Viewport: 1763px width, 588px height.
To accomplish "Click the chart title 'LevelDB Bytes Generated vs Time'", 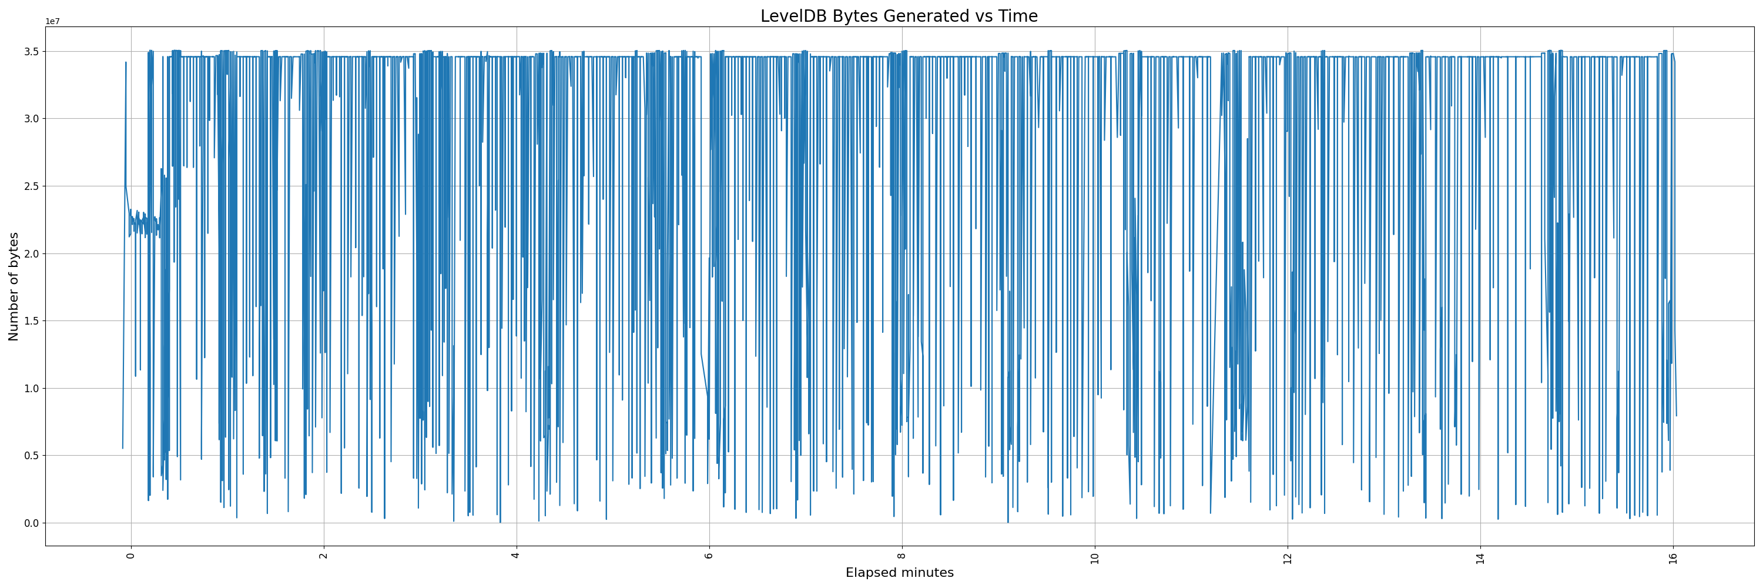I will pos(899,16).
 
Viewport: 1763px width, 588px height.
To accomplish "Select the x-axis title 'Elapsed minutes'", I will pos(899,573).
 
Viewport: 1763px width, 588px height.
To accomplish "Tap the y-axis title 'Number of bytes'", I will pos(14,286).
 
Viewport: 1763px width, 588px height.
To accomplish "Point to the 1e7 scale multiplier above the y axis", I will pos(53,21).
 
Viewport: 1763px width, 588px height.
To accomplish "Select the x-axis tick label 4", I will pos(517,555).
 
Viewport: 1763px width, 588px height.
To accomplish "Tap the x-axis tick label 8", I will pos(902,555).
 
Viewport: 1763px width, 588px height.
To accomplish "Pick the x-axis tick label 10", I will pos(1095,556).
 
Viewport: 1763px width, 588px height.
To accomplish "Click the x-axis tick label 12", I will pos(1288,556).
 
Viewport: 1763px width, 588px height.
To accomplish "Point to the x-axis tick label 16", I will pos(1673,556).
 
